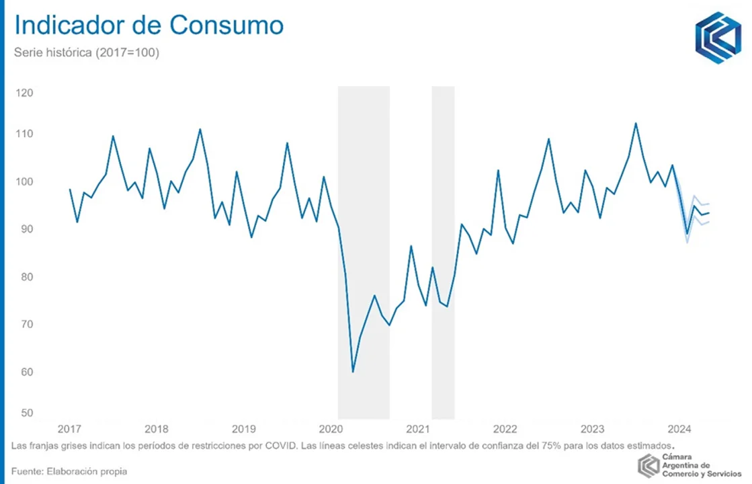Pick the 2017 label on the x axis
tap(69, 429)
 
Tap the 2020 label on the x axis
tap(331, 429)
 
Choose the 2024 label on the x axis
tap(679, 429)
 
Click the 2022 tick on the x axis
tap(505, 429)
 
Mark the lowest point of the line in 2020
tap(353, 372)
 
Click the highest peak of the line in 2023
tap(636, 123)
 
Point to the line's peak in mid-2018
tap(200, 129)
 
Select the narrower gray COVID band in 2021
tap(443, 252)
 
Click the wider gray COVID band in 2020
tap(364, 252)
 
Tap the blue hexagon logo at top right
tap(718, 38)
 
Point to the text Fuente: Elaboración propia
tap(69, 471)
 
